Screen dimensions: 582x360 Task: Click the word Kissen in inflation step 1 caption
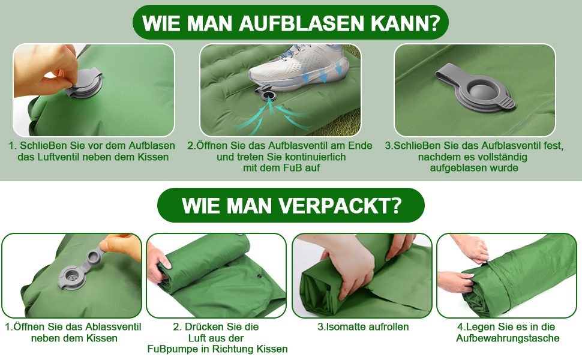153,157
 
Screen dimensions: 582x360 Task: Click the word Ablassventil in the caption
113,327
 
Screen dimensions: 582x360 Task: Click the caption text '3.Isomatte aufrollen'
363,327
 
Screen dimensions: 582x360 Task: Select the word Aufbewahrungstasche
508,338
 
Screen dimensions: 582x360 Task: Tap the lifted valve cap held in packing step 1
96,256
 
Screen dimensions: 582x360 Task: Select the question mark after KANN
433,23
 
